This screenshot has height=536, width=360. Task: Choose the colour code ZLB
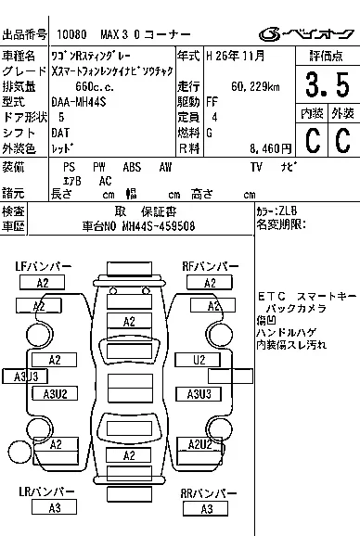tap(288, 211)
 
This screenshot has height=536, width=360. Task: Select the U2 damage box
tap(199, 360)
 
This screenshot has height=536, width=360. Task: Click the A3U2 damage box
tap(56, 394)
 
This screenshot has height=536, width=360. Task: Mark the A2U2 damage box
tap(201, 444)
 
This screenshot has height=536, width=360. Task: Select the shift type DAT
tap(65, 133)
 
